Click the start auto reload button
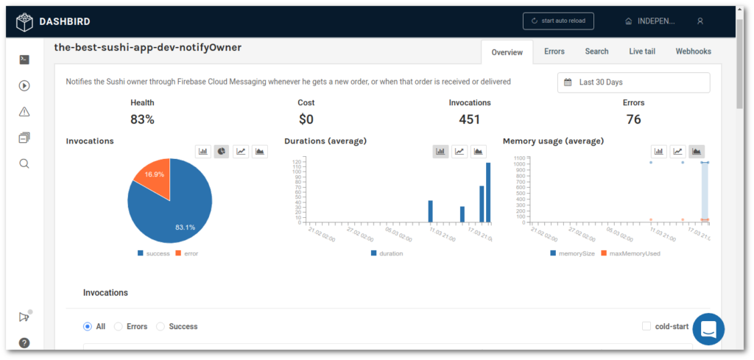coord(558,21)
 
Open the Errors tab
coord(554,52)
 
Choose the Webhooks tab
coord(693,52)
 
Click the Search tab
coord(596,52)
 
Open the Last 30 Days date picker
coord(633,82)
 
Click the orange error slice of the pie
coord(153,177)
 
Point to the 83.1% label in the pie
coord(185,227)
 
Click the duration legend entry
coord(387,253)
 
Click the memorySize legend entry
coord(574,253)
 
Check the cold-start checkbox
coord(646,326)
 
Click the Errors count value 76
coord(633,119)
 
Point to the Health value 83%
coord(142,119)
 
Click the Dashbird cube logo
coord(25,21)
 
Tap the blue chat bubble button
coord(708,329)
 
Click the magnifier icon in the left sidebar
coord(24,163)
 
